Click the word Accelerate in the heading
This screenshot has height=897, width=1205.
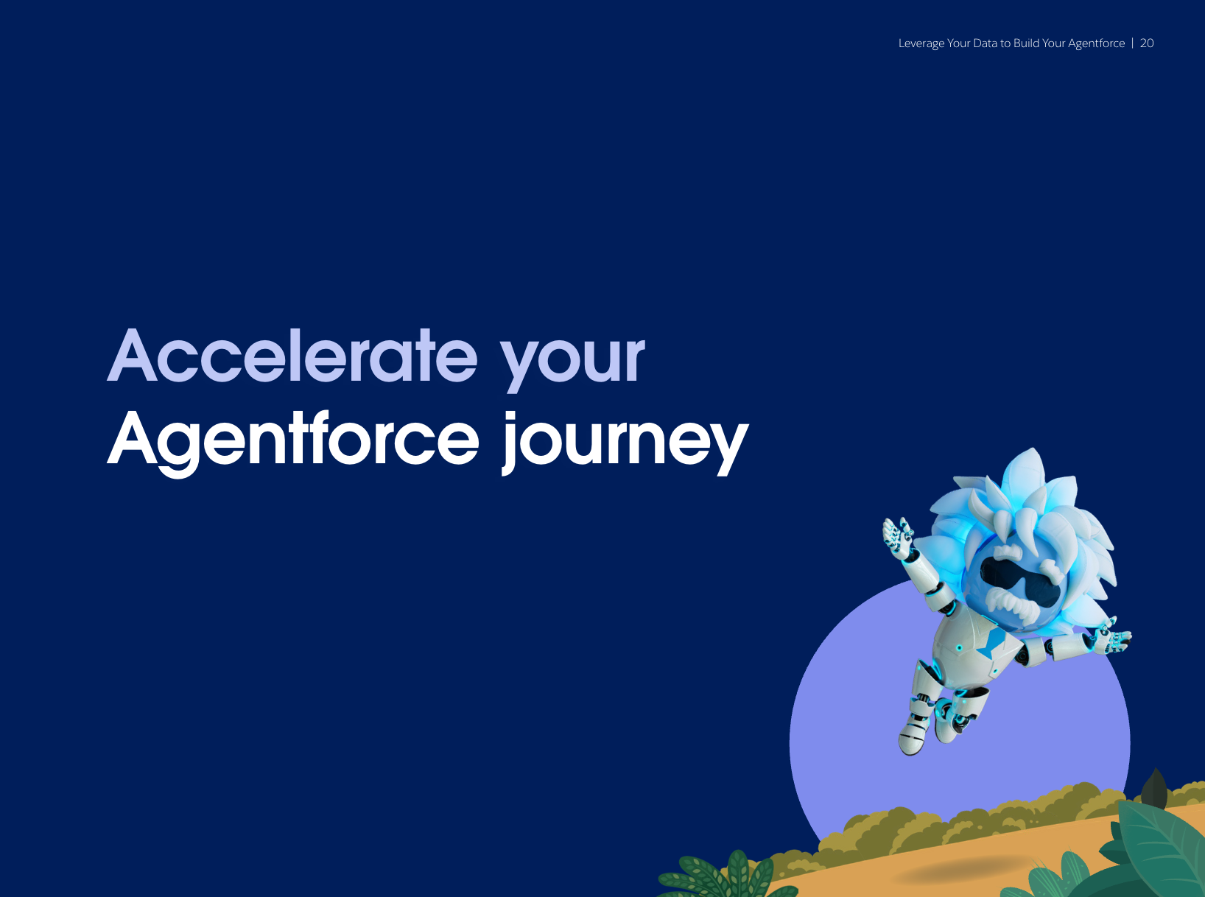(x=292, y=356)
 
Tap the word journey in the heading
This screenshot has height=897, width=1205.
(x=625, y=443)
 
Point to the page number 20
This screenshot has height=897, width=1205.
(x=1147, y=43)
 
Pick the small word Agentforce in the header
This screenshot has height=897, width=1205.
(x=1096, y=44)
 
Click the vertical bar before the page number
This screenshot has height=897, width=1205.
(x=1133, y=43)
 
